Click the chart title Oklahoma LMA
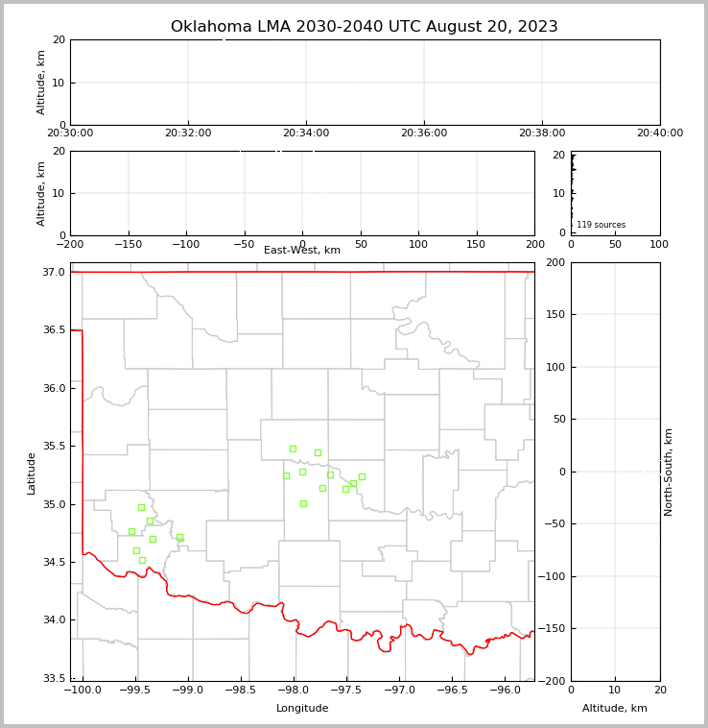(364, 27)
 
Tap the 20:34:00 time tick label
(305, 133)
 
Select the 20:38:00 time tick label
(542, 133)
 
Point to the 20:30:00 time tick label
(70, 133)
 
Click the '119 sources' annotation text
(601, 225)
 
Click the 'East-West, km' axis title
(302, 251)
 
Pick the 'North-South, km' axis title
(669, 472)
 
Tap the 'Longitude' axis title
(302, 709)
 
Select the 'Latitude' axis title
(32, 473)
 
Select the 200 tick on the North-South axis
(555, 262)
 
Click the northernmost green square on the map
(293, 449)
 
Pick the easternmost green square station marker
(362, 476)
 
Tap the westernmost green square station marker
(131, 531)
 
